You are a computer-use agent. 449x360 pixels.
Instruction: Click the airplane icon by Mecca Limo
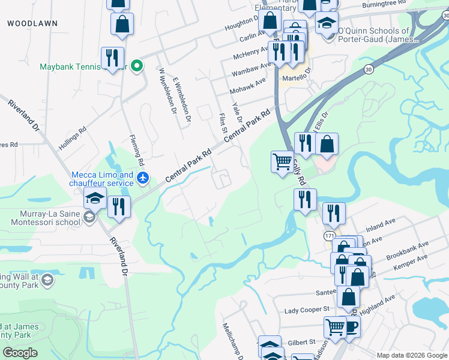tap(142, 178)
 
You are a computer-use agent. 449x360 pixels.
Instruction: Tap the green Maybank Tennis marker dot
tap(137, 66)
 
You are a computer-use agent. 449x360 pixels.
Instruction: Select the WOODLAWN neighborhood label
tap(32, 23)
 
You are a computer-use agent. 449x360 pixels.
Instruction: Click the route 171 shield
tap(330, 236)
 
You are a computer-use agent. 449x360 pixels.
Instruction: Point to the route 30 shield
tap(367, 70)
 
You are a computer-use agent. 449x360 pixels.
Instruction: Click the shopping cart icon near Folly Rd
tap(282, 161)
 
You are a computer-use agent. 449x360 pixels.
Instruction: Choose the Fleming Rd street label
tap(137, 151)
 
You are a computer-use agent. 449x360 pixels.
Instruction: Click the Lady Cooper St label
tap(307, 310)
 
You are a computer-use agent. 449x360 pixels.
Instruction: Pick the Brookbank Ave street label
tap(408, 249)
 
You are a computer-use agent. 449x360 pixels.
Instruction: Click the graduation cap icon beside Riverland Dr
tap(95, 198)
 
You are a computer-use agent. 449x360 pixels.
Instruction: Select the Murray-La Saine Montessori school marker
tap(89, 217)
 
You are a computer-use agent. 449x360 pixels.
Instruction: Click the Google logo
tap(20, 353)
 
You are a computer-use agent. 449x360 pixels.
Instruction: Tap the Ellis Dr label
tap(322, 122)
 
